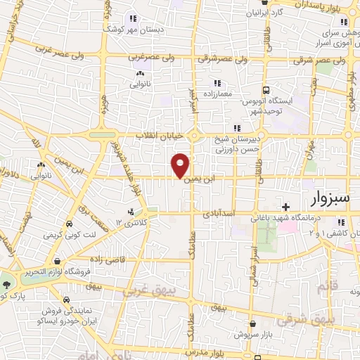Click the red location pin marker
181,165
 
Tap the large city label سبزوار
328,198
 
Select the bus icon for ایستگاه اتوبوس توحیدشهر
266,90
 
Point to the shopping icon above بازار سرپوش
252,323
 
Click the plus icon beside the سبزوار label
285,206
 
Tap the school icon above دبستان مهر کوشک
131,18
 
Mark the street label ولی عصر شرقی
324,60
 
